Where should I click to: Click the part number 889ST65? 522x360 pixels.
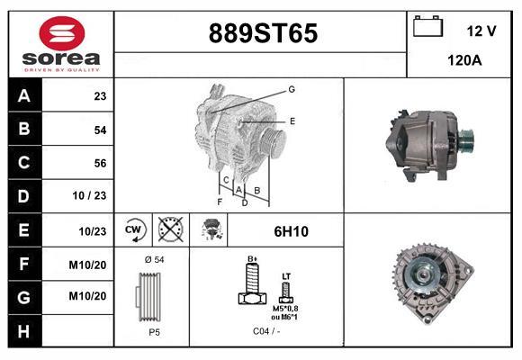click(x=263, y=33)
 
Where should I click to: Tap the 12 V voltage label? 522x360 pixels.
click(x=481, y=31)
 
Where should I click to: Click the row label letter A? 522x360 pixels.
click(x=24, y=95)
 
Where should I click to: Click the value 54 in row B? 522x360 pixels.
click(x=100, y=130)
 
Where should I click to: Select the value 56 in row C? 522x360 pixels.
click(x=100, y=163)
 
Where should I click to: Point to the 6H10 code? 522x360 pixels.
click(x=291, y=231)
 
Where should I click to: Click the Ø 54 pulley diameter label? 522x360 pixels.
click(x=153, y=260)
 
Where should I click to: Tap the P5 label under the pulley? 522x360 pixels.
click(x=155, y=331)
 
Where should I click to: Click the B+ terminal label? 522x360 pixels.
click(x=253, y=259)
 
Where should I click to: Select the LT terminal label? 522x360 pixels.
click(x=286, y=275)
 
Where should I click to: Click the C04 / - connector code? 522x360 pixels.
click(x=265, y=331)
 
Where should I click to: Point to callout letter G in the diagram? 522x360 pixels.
click(x=292, y=89)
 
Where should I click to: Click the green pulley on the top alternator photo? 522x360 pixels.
click(x=466, y=139)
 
